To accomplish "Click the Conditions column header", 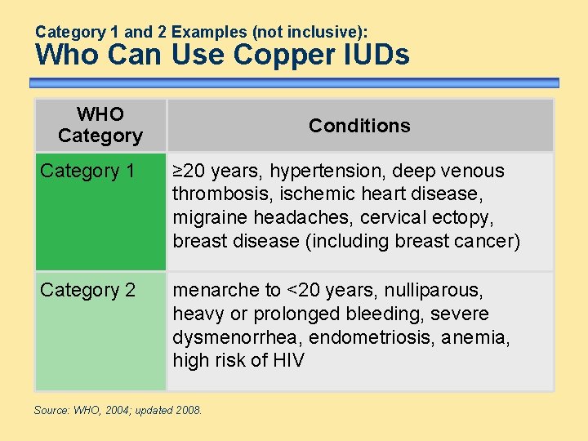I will click(x=359, y=126).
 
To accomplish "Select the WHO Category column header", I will click(x=100, y=125).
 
